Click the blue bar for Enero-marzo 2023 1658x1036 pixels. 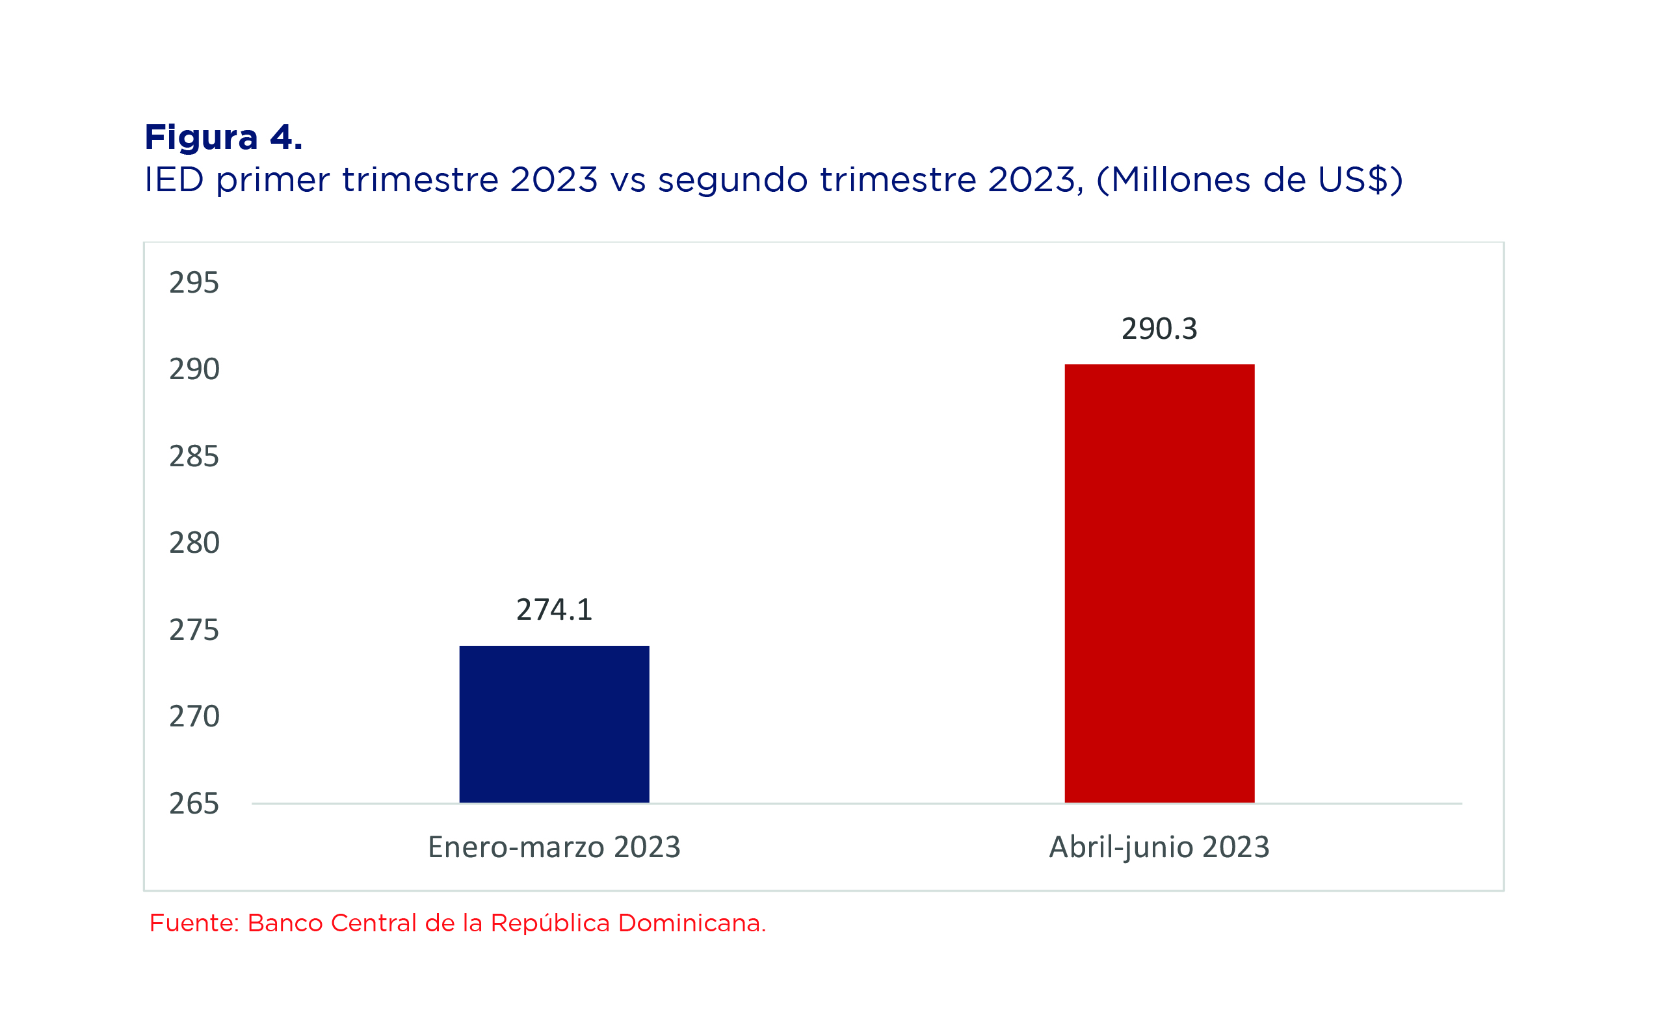(554, 724)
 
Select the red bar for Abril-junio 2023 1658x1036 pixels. (1159, 583)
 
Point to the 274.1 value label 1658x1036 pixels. (554, 610)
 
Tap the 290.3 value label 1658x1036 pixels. (1159, 329)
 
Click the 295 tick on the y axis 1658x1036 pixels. (194, 283)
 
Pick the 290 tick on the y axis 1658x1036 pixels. (194, 369)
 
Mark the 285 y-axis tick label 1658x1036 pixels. (194, 457)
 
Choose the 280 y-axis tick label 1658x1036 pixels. (194, 542)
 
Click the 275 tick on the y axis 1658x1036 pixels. (194, 630)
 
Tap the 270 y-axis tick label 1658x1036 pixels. (194, 717)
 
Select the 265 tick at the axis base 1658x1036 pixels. (194, 804)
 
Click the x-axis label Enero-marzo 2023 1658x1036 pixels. (554, 847)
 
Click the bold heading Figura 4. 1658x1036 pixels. (223, 138)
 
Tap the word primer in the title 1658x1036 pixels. (273, 181)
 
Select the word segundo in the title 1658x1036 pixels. (733, 181)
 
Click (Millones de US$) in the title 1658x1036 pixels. (1250, 180)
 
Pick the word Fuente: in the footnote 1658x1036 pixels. (194, 923)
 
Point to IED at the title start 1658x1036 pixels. (174, 179)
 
